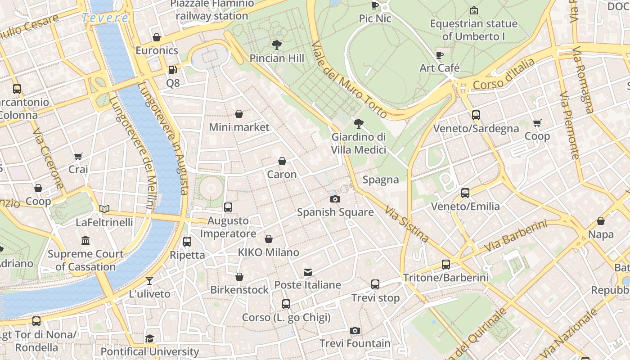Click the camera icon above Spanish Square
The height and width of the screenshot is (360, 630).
tap(335, 199)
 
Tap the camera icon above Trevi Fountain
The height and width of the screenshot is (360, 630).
tap(355, 331)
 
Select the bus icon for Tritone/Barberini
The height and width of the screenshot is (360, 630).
tap(445, 265)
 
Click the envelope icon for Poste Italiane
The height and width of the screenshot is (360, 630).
tap(308, 272)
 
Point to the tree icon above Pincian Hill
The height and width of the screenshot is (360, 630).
tap(277, 45)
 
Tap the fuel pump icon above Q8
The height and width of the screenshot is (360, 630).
tap(172, 70)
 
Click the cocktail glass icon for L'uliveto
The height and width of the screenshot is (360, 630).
tap(149, 281)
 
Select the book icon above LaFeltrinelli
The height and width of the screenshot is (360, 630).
tap(104, 209)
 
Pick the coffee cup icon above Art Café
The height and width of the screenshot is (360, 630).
tap(440, 55)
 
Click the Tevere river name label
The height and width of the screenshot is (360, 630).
tap(105, 18)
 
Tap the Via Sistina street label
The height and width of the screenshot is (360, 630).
tap(407, 224)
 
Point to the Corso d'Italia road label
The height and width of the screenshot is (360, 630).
tap(504, 74)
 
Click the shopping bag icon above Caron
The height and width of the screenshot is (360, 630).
tap(282, 161)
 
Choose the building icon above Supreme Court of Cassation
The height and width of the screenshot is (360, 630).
tap(85, 241)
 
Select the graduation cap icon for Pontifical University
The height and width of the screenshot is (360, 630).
tap(149, 338)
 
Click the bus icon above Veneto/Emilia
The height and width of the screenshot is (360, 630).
tap(465, 193)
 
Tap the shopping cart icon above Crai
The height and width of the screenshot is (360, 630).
tap(78, 156)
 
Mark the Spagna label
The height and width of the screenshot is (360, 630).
tap(381, 180)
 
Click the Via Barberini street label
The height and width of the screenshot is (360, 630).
tap(515, 236)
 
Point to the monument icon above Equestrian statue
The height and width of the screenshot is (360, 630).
tap(473, 10)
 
